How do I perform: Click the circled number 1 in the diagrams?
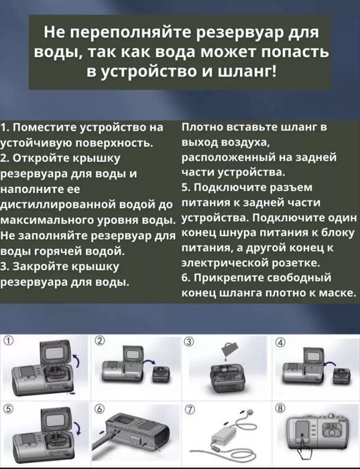pos(9,340)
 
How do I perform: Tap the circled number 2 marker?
pos(99,340)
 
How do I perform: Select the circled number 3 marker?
pos(189,341)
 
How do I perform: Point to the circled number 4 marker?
pos(280,341)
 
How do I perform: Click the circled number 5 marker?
pos(9,407)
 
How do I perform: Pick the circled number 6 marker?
pos(99,407)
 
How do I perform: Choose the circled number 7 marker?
pos(189,407)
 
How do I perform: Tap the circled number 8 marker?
pos(280,407)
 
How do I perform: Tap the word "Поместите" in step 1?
pos(45,127)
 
